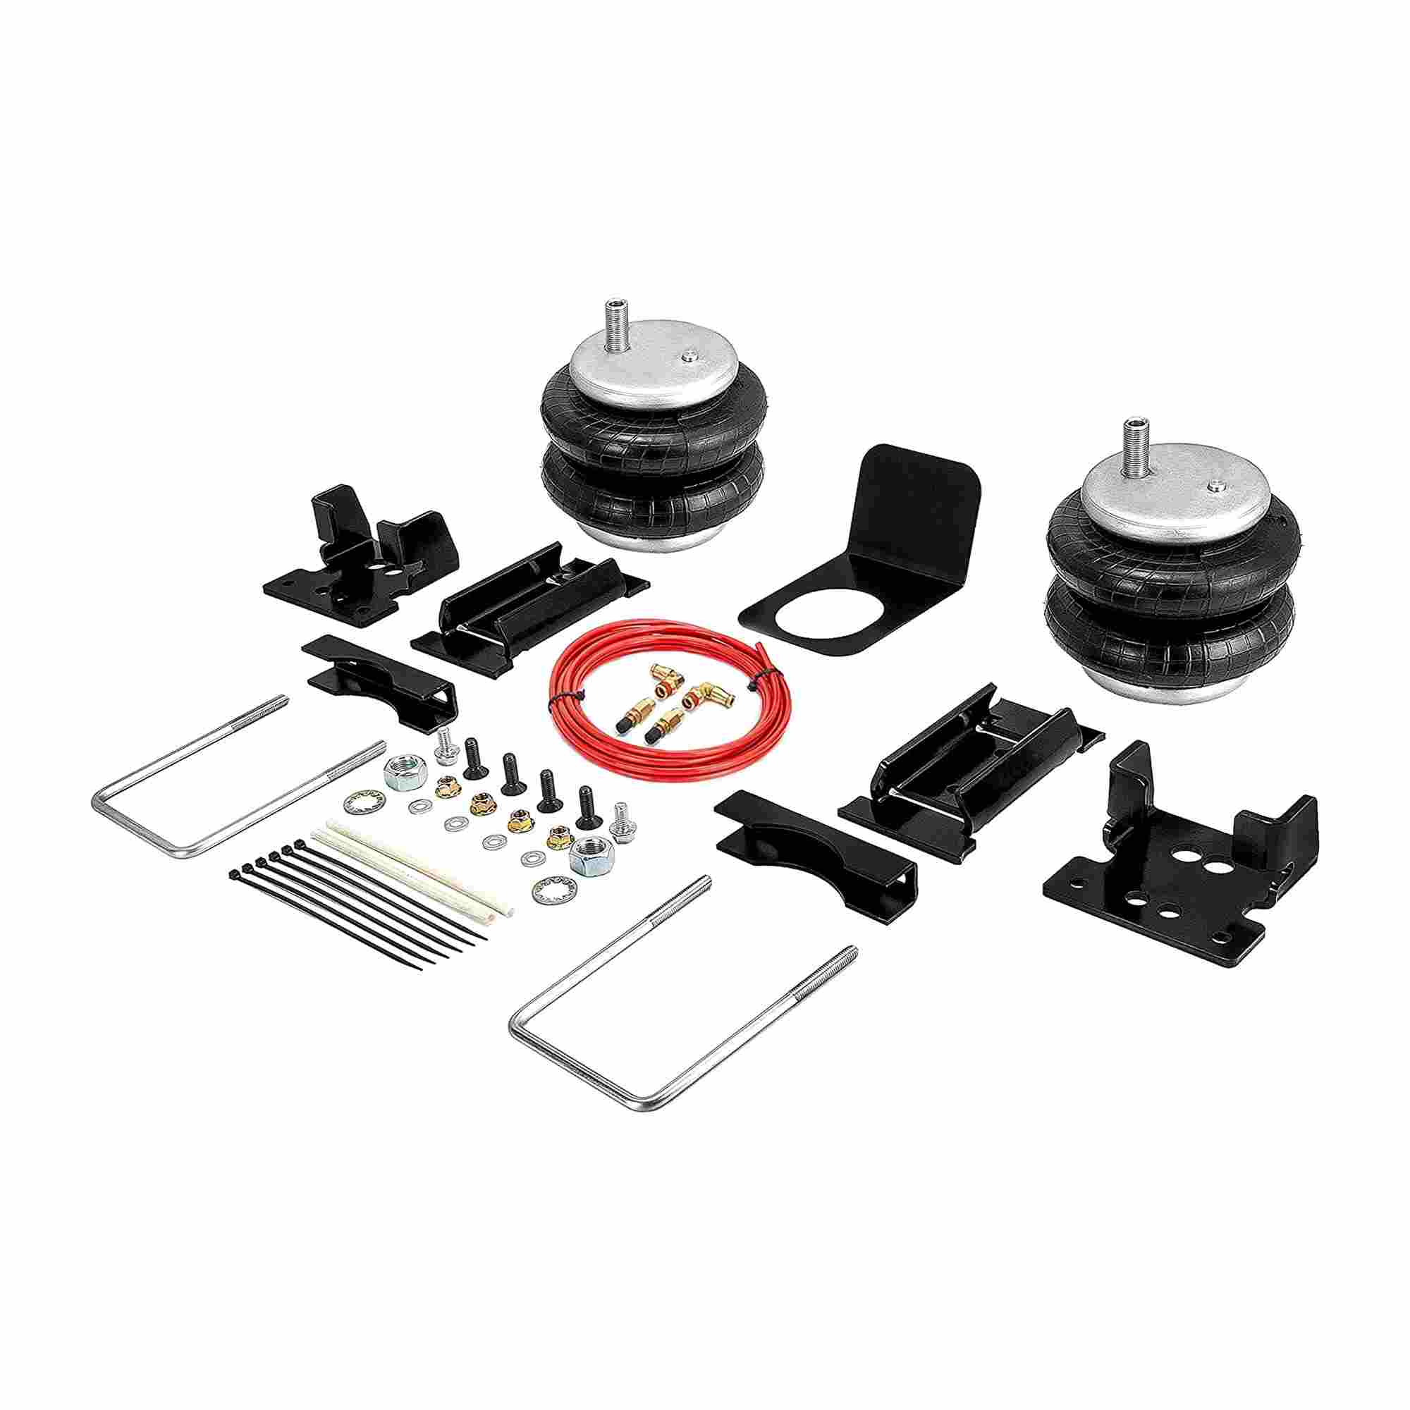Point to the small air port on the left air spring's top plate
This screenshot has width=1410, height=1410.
[687, 355]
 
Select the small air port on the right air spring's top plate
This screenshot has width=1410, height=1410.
[1213, 484]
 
